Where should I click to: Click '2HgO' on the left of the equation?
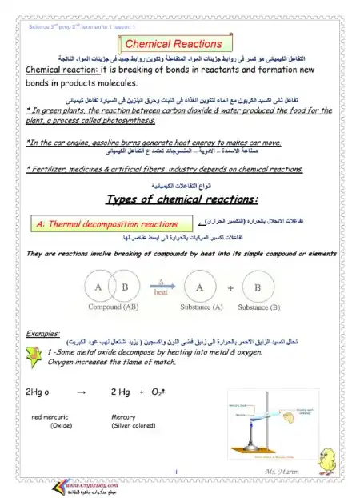[x=32, y=392]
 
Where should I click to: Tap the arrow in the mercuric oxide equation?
[x=80, y=392]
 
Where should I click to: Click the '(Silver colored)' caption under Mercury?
[x=133, y=426]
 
